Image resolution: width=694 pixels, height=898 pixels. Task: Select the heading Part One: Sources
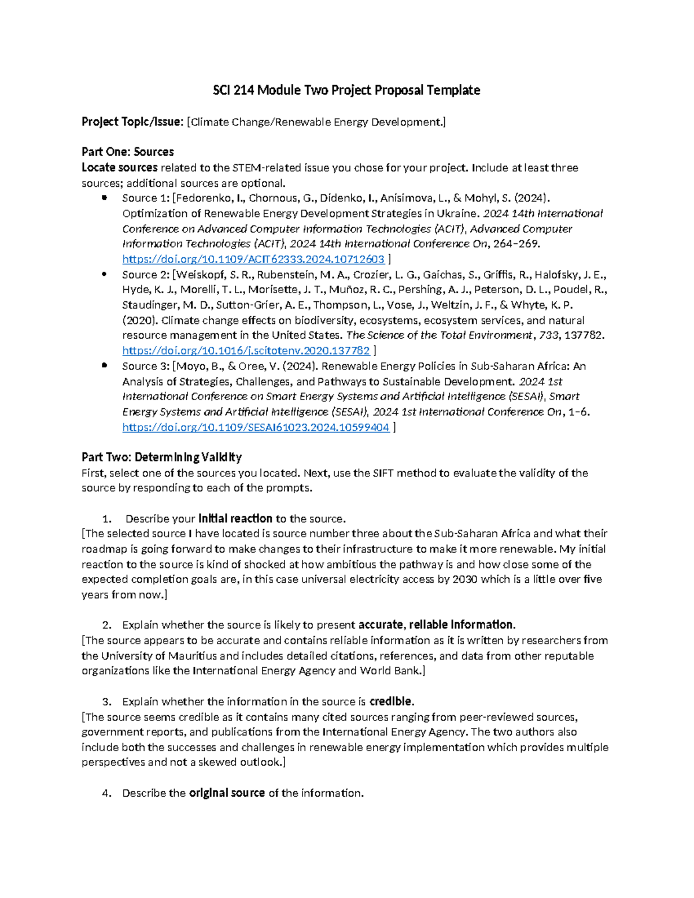tap(127, 152)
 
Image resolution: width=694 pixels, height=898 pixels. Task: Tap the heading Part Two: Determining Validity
tap(161, 457)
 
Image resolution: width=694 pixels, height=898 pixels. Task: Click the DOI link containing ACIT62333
tap(253, 259)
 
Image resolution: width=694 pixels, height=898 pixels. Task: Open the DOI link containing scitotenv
tap(246, 350)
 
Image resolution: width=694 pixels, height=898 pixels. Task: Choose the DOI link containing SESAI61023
tap(256, 427)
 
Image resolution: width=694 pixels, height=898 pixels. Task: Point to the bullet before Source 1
tap(104, 198)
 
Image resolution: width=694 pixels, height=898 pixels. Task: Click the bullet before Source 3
tap(104, 366)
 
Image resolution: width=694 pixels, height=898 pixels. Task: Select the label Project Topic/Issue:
tap(132, 122)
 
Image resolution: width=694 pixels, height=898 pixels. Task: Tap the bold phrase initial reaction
tap(235, 518)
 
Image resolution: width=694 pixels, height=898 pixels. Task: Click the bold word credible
tap(392, 701)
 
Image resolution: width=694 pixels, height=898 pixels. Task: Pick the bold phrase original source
tap(227, 793)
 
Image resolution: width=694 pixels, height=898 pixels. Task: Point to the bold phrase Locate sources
tap(119, 168)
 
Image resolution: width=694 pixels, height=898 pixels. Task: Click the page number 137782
tap(585, 335)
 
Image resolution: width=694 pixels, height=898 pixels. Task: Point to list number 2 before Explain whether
tap(106, 625)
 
